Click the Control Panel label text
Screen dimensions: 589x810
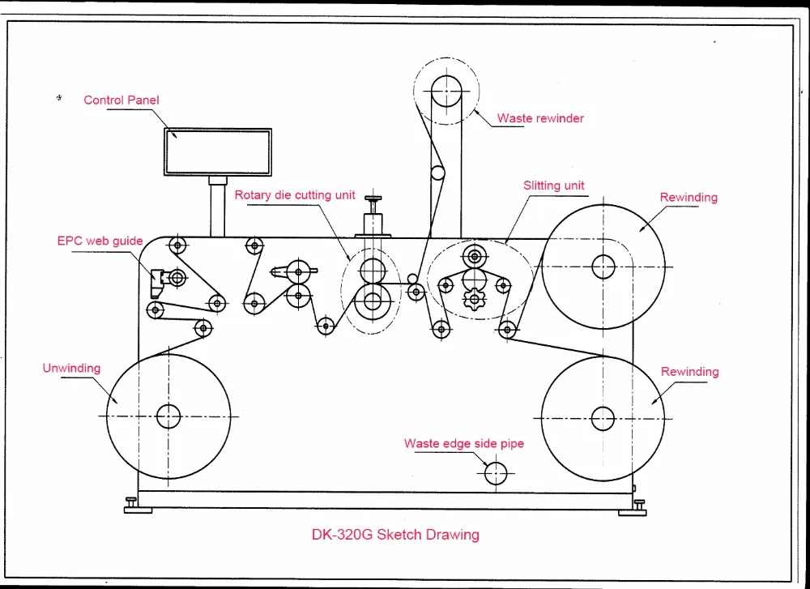[x=122, y=100]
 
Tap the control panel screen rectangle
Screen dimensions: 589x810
[x=218, y=152]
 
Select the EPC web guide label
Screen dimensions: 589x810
[x=100, y=241]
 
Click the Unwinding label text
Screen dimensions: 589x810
[x=71, y=368]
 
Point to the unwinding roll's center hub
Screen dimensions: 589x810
[x=168, y=416]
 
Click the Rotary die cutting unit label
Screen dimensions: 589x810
[x=295, y=195]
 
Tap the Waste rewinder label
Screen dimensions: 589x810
[x=540, y=118]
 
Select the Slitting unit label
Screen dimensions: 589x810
[x=554, y=186]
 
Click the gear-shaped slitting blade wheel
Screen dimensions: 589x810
[x=473, y=299]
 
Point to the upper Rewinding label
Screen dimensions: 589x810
[x=688, y=198]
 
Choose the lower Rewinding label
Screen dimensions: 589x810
[x=689, y=372]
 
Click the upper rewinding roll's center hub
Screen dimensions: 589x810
[x=603, y=266]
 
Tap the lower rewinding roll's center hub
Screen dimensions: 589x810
[x=603, y=418]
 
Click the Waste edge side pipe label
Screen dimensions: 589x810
[x=464, y=444]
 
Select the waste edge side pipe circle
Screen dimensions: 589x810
[x=495, y=472]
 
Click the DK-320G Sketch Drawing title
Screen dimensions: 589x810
[x=395, y=535]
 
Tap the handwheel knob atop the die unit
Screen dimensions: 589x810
[x=373, y=199]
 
